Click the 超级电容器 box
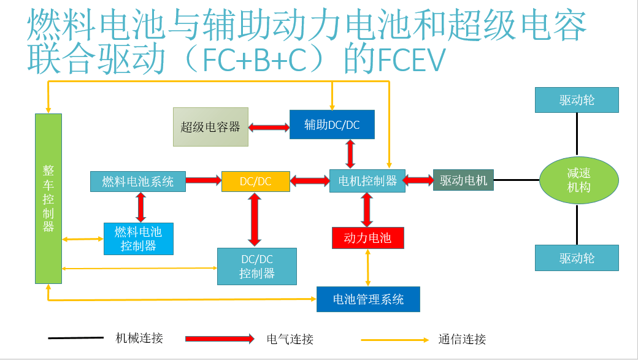[210, 127]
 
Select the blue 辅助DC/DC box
[332, 124]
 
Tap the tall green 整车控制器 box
[48, 198]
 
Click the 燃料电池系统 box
[138, 182]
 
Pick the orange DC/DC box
[255, 182]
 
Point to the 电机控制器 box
[367, 181]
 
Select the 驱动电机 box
[463, 180]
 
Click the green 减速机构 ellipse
[578, 181]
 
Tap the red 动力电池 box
[367, 238]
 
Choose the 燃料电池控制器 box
[138, 239]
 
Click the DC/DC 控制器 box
[257, 266]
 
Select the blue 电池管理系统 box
[368, 299]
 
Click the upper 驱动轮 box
[577, 100]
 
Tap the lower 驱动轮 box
[577, 258]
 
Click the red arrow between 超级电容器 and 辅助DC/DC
[269, 128]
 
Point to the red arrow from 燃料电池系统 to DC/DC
[203, 180]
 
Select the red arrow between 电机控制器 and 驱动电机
[419, 180]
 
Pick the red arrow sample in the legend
[219, 339]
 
